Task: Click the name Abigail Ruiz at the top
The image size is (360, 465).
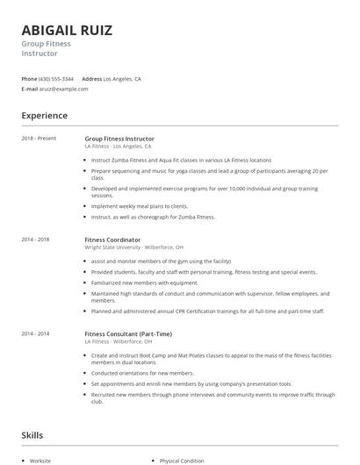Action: [67, 31]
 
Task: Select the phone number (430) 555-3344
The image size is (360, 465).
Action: [57, 79]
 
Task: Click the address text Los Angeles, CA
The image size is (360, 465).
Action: [122, 79]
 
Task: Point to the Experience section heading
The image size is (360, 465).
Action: [45, 116]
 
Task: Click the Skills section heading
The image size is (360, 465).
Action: [32, 435]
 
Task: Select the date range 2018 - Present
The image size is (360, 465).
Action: [39, 138]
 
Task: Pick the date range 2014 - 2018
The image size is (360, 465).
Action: [35, 239]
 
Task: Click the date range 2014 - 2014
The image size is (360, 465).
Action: [35, 333]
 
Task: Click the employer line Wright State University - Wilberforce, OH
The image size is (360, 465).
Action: [133, 247]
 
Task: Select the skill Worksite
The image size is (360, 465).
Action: [40, 461]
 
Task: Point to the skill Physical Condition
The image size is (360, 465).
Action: [182, 461]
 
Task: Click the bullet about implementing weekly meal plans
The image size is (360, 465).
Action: [140, 206]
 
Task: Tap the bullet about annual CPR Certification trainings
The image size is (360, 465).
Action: [207, 311]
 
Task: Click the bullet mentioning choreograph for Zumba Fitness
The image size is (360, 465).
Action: [153, 216]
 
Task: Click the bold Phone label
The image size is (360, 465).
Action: [29, 79]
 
